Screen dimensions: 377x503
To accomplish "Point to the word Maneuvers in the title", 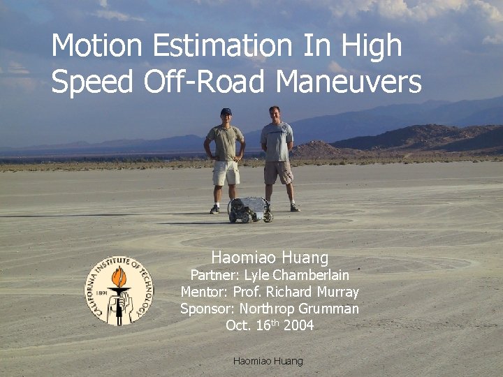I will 349,82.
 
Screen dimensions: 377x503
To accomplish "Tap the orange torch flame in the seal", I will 119,277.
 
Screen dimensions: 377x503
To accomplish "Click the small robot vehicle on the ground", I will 250,209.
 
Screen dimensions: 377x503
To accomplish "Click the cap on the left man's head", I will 226,111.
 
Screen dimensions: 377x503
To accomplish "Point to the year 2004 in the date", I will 298,325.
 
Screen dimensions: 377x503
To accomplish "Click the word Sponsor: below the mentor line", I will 207,309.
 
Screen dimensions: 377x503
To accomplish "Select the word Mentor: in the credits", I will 205,292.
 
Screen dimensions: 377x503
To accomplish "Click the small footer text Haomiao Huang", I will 268,361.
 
